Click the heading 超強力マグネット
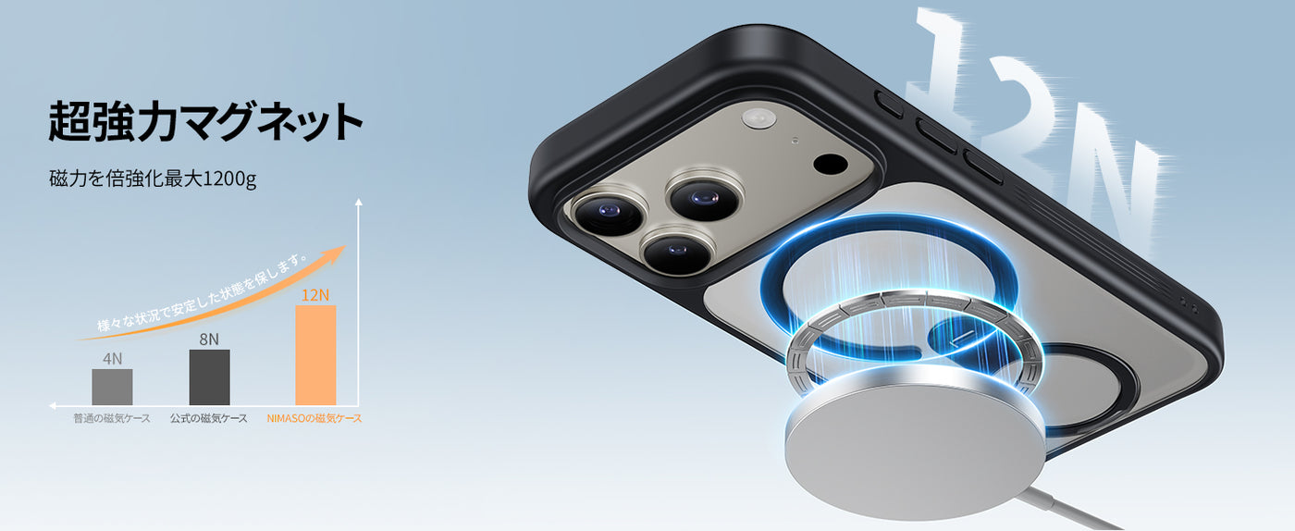click(205, 121)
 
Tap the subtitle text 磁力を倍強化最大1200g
click(153, 179)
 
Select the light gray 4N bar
click(112, 387)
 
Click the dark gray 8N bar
click(209, 377)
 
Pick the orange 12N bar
click(315, 355)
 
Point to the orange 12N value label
click(315, 295)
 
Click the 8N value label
click(209, 339)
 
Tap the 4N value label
click(112, 359)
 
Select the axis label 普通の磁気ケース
click(112, 418)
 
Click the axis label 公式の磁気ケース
click(209, 418)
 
